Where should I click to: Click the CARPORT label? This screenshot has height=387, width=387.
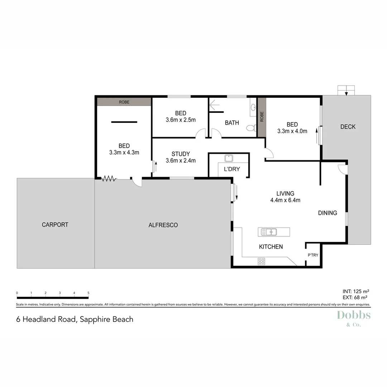pyautogui.click(x=55, y=225)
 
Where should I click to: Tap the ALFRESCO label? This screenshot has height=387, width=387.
pyautogui.click(x=163, y=225)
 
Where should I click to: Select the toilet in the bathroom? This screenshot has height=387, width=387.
pyautogui.click(x=251, y=128)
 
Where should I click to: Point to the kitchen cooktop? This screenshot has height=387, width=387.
pyautogui.click(x=261, y=262)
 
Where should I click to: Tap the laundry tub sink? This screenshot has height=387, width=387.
pyautogui.click(x=228, y=158)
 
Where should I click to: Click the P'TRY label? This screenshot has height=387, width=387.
pyautogui.click(x=313, y=255)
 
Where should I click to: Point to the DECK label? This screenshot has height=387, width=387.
pyautogui.click(x=348, y=126)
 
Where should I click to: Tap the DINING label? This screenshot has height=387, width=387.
pyautogui.click(x=328, y=213)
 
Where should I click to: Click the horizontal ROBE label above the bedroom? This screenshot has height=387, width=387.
pyautogui.click(x=124, y=102)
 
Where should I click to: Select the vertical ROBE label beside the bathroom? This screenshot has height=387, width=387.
pyautogui.click(x=262, y=117)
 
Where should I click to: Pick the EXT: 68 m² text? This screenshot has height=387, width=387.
pyautogui.click(x=355, y=297)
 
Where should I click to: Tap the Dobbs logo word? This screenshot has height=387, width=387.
pyautogui.click(x=354, y=315)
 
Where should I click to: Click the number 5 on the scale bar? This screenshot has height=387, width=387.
pyautogui.click(x=88, y=293)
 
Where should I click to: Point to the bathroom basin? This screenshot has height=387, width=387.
pyautogui.click(x=253, y=106)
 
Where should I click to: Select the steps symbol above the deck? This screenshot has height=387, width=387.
pyautogui.click(x=346, y=90)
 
